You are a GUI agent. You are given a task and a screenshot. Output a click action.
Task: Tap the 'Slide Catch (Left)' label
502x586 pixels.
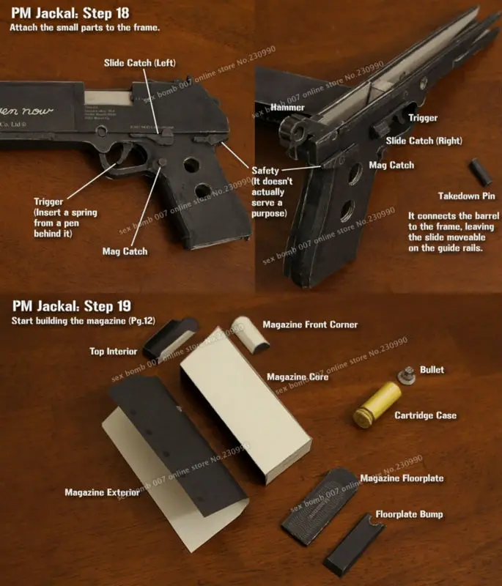139,63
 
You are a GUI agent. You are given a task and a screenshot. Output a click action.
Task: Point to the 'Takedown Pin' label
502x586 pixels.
467,196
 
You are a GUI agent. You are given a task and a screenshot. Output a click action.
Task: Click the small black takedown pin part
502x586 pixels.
482,171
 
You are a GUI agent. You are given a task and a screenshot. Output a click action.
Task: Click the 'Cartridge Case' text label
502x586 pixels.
425,415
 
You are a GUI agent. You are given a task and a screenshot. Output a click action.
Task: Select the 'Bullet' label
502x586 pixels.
432,370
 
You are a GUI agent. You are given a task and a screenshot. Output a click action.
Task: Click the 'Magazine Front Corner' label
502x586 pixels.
310,324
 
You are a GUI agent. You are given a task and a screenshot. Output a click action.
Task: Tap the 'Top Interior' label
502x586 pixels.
113,352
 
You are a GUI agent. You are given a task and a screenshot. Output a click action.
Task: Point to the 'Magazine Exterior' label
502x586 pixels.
102,492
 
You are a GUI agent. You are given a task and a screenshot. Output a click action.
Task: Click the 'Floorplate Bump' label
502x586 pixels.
409,514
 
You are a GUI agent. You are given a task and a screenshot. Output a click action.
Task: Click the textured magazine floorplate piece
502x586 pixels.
320,505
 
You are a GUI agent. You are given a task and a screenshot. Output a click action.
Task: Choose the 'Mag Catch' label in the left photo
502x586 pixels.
125,251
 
